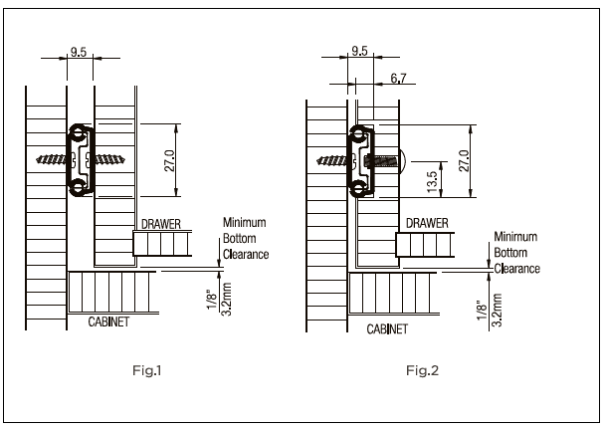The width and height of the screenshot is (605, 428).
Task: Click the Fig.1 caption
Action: click(144, 371)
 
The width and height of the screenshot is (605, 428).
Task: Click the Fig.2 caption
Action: click(422, 371)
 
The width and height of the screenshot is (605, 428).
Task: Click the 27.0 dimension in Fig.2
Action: click(461, 160)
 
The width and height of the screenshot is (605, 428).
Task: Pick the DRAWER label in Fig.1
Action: click(160, 225)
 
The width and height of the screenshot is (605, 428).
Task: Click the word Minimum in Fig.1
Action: click(244, 222)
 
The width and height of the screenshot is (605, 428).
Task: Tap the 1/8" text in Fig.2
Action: click(482, 309)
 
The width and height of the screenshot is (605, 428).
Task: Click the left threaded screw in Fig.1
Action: click(51, 160)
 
